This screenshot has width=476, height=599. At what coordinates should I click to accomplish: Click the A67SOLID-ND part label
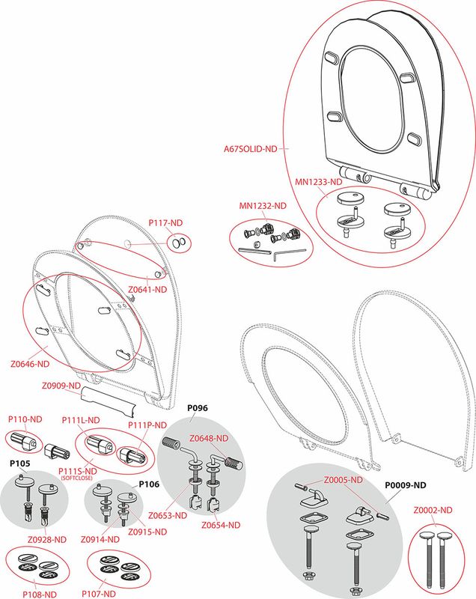pos(251,148)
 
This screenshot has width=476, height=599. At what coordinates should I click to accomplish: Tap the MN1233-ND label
pos(318,182)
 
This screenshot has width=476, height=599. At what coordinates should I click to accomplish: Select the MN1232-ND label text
pos(263,205)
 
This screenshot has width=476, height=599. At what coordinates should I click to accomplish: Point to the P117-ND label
pos(165,222)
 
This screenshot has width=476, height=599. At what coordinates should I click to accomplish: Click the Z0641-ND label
pos(147,290)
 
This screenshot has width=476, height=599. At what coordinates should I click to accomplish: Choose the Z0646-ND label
pos(30,364)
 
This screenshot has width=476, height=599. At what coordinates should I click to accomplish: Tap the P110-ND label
pos(25,419)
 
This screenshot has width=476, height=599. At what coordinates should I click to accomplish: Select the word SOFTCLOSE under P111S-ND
pos(76,478)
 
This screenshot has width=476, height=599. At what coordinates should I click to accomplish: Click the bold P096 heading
pos(198,408)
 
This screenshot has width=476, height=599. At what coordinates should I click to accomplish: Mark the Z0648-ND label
pos(209,438)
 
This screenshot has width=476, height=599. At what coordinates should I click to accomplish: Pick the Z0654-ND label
pos(221,526)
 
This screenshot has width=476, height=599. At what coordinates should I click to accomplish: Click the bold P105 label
pos(20,463)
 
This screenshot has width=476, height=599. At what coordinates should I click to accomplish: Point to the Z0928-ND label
pos(47,539)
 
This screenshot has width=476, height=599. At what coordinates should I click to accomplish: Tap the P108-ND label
pos(40,595)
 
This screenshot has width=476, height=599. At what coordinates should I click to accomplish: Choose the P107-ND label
pos(99,594)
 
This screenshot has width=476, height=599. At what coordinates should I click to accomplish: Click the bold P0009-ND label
pos(406,485)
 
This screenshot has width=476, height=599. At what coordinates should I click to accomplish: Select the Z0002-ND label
pos(433,510)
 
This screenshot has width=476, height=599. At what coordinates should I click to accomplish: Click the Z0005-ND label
pos(344,480)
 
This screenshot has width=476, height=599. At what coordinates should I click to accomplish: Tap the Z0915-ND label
pos(147,532)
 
